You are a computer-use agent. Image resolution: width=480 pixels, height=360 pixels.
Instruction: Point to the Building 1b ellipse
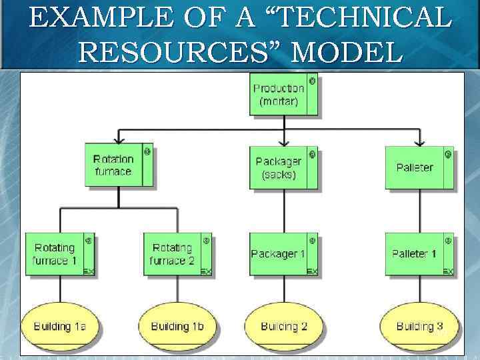(177, 326)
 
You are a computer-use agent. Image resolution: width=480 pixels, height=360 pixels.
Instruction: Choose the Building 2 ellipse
(284, 326)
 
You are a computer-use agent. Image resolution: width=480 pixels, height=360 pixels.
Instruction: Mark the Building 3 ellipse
(419, 326)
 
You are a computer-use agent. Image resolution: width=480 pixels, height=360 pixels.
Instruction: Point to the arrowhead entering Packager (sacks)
(285, 141)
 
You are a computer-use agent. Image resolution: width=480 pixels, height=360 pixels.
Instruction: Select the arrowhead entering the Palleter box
(419, 141)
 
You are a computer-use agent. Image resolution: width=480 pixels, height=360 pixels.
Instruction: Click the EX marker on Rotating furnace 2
(206, 271)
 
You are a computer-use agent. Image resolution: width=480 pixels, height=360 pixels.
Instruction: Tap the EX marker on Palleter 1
(448, 271)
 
